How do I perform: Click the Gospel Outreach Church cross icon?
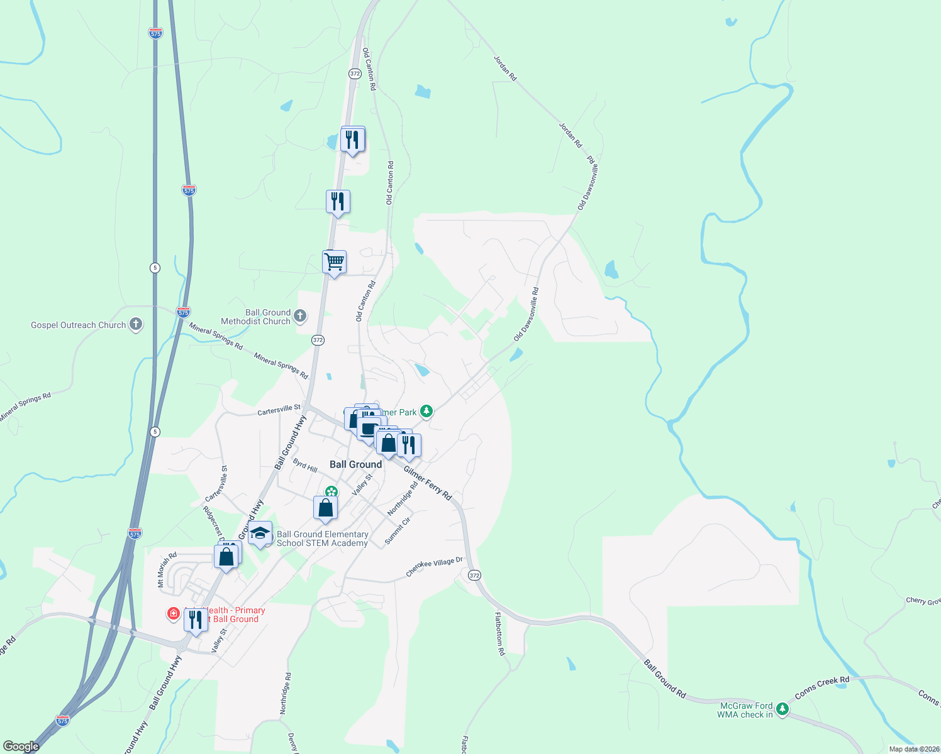[x=135, y=325]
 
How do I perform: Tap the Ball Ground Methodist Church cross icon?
[x=300, y=316]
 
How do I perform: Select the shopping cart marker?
[x=334, y=261]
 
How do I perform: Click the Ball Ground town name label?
[x=355, y=464]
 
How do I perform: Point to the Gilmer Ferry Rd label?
[x=428, y=483]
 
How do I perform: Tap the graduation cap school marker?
[x=260, y=534]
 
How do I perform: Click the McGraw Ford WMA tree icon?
[x=782, y=709]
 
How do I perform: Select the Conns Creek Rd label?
[x=822, y=688]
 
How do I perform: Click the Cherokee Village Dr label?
[x=434, y=566]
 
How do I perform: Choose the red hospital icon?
[x=174, y=613]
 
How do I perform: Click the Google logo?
[x=21, y=746]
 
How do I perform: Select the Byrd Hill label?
[x=305, y=465]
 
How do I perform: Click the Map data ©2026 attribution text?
[x=914, y=749]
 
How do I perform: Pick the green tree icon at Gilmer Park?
[x=427, y=412]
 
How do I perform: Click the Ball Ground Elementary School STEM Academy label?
[x=322, y=538]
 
